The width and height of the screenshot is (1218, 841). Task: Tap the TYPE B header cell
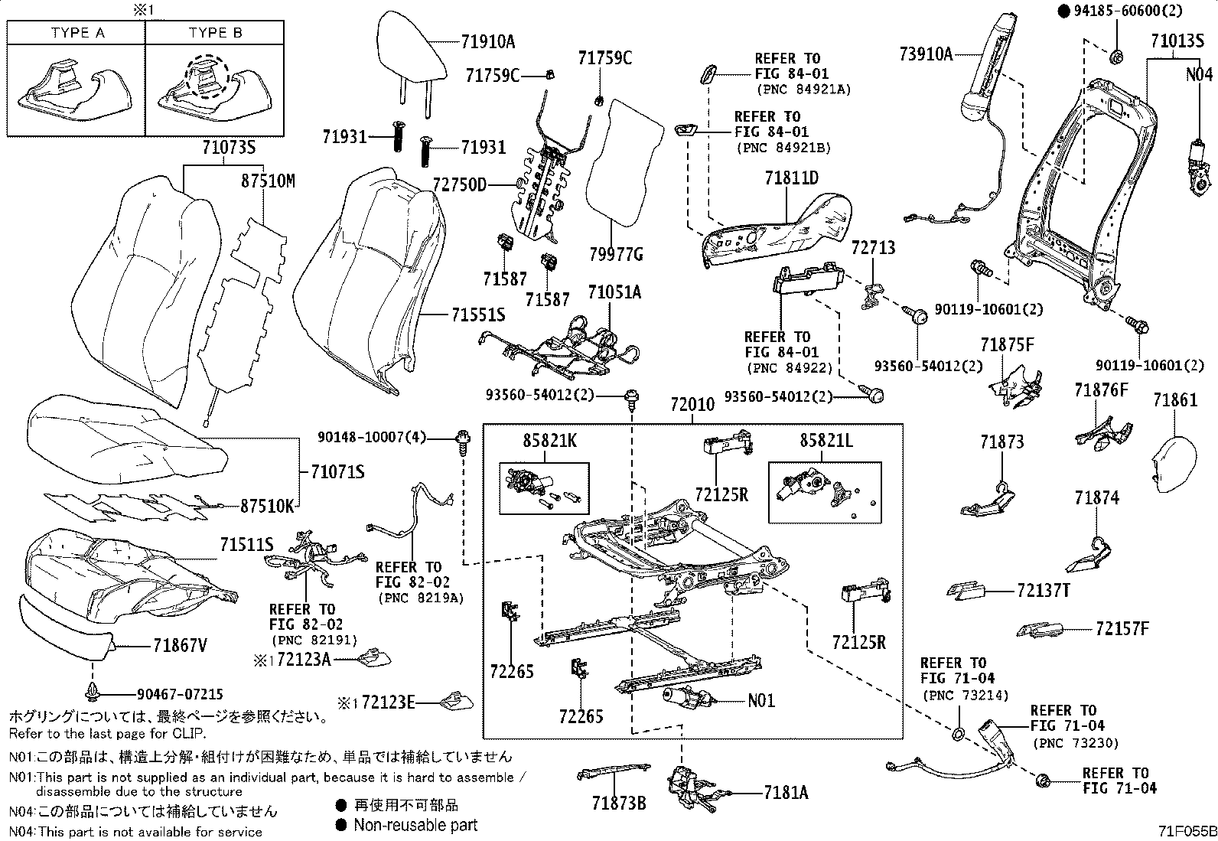pos(215,33)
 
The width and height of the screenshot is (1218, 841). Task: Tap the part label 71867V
pos(177,646)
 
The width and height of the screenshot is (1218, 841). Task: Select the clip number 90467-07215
pos(180,694)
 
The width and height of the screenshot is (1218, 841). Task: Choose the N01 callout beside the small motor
pos(761,699)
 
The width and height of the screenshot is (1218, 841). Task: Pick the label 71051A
pos(614,292)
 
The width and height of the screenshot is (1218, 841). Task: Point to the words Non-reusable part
pos(415,825)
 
